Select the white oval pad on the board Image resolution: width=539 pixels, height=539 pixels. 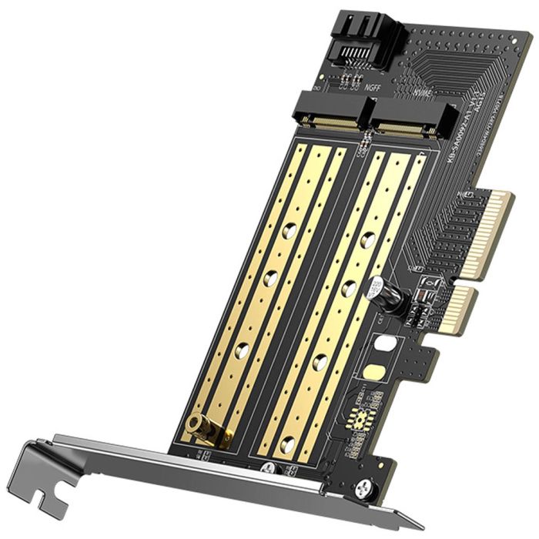[385, 343]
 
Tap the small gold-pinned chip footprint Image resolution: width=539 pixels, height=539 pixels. [361, 419]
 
